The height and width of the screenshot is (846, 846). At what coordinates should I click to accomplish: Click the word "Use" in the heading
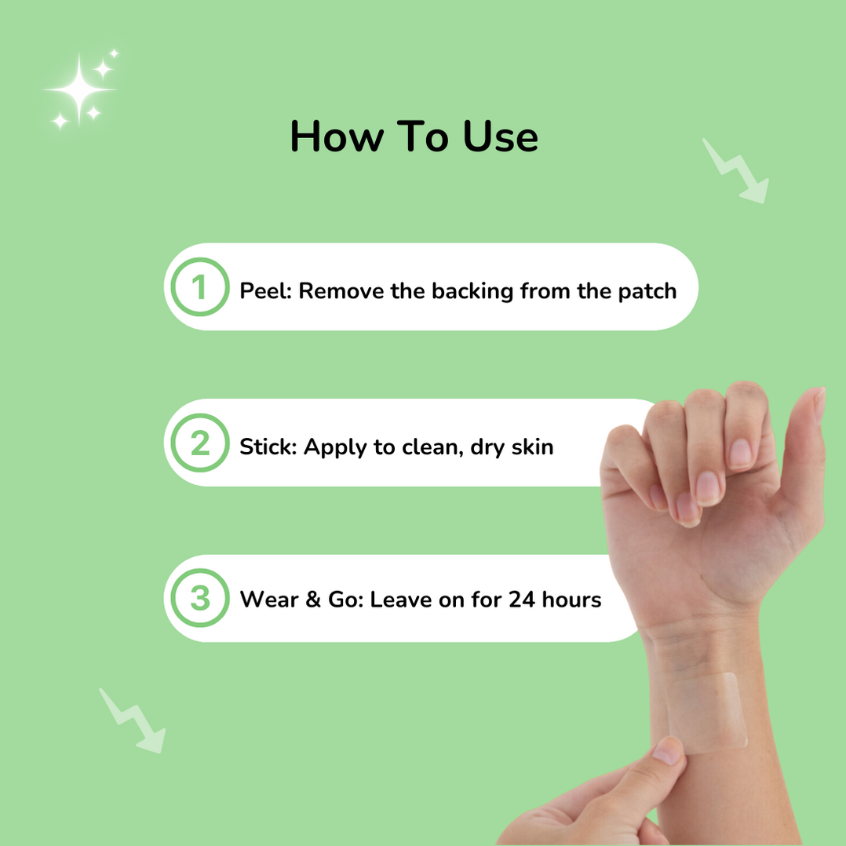click(x=500, y=137)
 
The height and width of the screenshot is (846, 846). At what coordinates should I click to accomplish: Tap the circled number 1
click(x=200, y=287)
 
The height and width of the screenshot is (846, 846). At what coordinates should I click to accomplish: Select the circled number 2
click(x=200, y=443)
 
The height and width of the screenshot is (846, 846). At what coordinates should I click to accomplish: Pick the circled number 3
click(x=200, y=599)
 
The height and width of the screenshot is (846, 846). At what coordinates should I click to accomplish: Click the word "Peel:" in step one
click(x=265, y=291)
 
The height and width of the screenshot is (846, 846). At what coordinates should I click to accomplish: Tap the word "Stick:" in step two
click(x=268, y=447)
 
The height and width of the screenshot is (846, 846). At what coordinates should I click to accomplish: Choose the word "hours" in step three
click(x=571, y=600)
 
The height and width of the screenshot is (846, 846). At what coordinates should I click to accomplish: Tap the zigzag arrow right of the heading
click(x=735, y=171)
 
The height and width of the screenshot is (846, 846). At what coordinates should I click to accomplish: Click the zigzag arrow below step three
click(x=133, y=720)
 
